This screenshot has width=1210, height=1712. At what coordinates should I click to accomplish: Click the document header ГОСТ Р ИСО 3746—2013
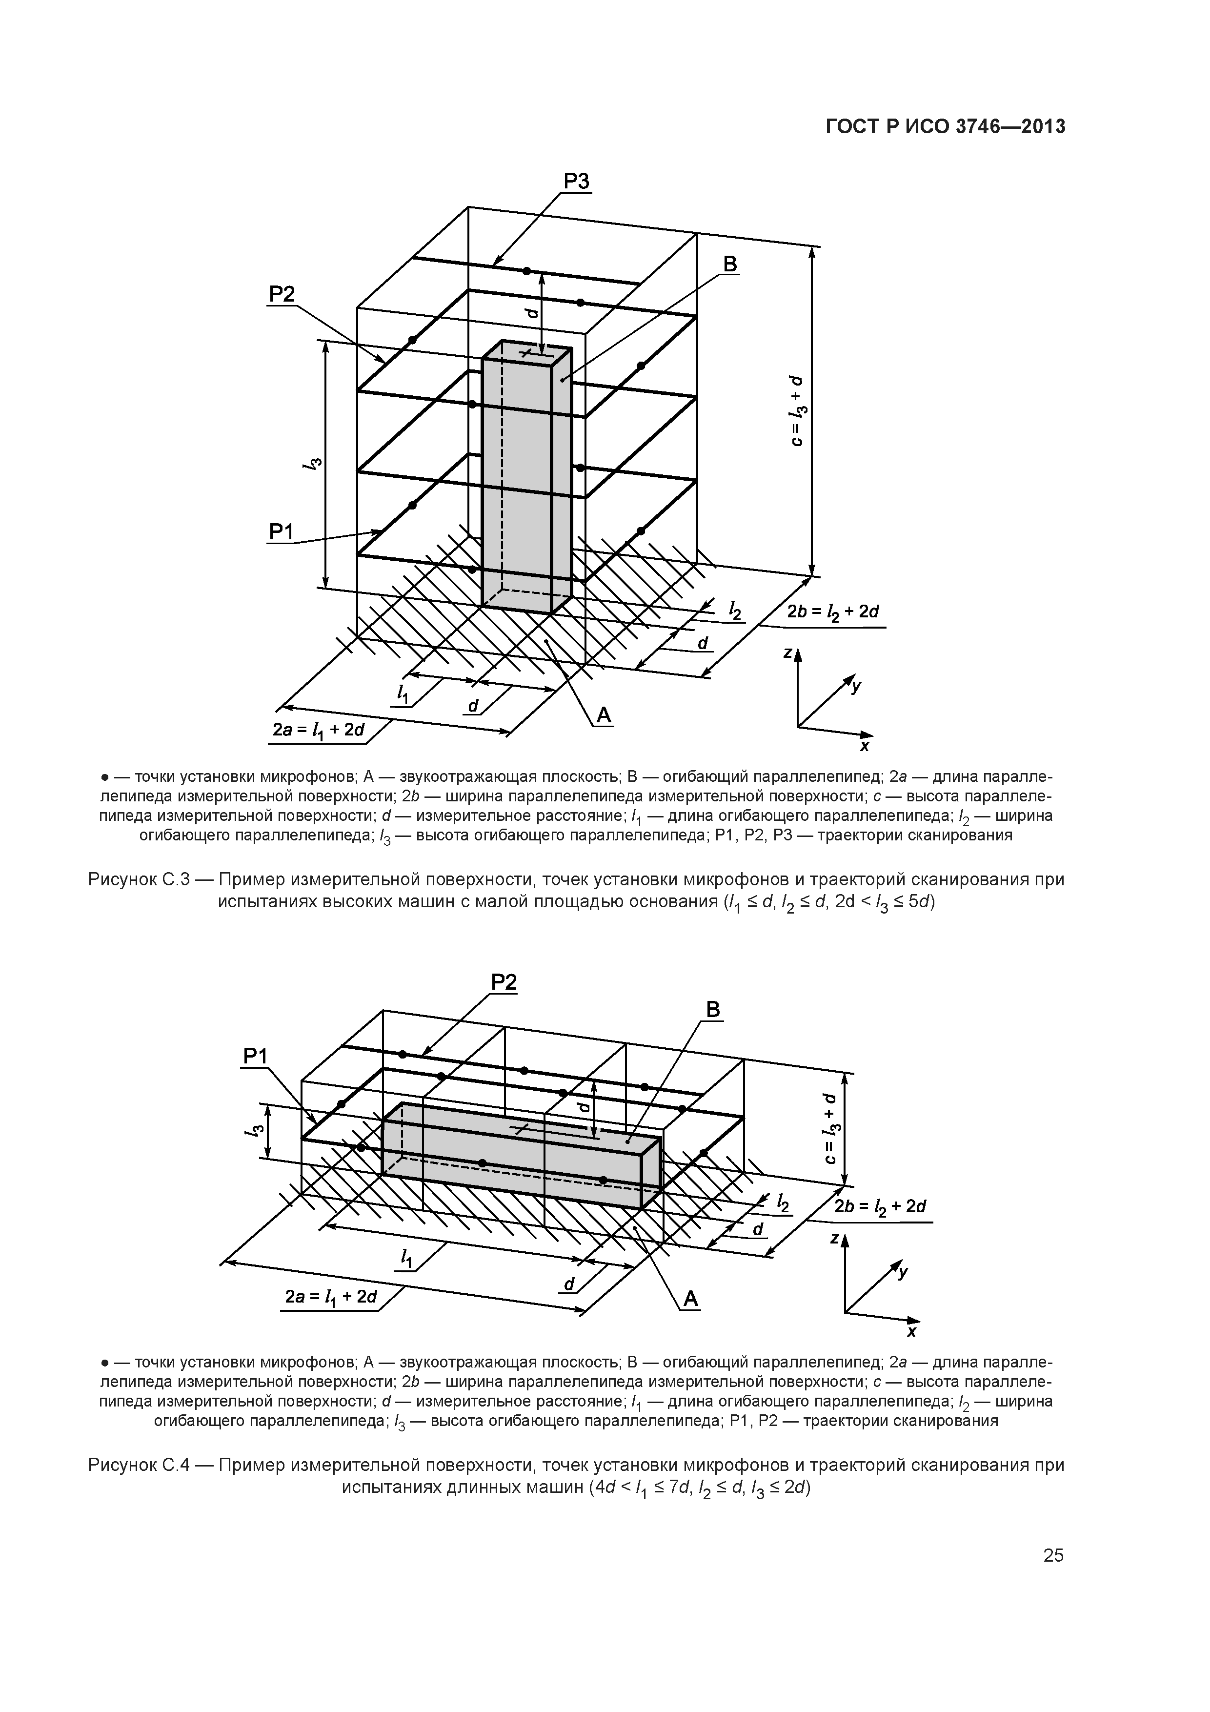[946, 127]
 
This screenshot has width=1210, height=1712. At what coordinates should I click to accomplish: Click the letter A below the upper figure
[603, 716]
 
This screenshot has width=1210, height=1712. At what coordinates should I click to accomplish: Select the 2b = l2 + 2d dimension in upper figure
[833, 613]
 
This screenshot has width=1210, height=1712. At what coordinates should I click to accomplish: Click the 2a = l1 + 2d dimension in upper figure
[318, 730]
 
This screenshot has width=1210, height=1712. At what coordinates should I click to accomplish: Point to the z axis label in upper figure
[787, 653]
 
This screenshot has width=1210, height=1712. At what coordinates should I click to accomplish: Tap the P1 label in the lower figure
[255, 1056]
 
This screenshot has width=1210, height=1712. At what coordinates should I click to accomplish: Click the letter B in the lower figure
[713, 1010]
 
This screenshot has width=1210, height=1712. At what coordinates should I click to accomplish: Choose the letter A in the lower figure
[691, 1300]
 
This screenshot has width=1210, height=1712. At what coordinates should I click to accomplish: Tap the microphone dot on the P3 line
[526, 271]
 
